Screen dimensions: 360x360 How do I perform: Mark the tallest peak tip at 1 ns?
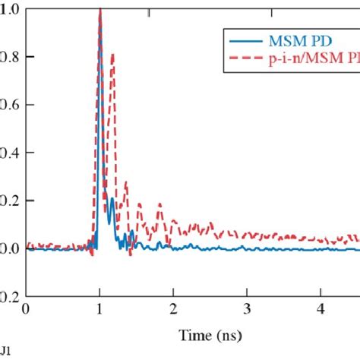100,9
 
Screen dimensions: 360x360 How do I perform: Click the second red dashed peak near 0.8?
112,55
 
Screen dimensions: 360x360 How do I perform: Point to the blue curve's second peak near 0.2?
112,199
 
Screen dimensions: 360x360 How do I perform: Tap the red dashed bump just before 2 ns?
159,205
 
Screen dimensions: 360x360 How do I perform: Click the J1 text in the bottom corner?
5,352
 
